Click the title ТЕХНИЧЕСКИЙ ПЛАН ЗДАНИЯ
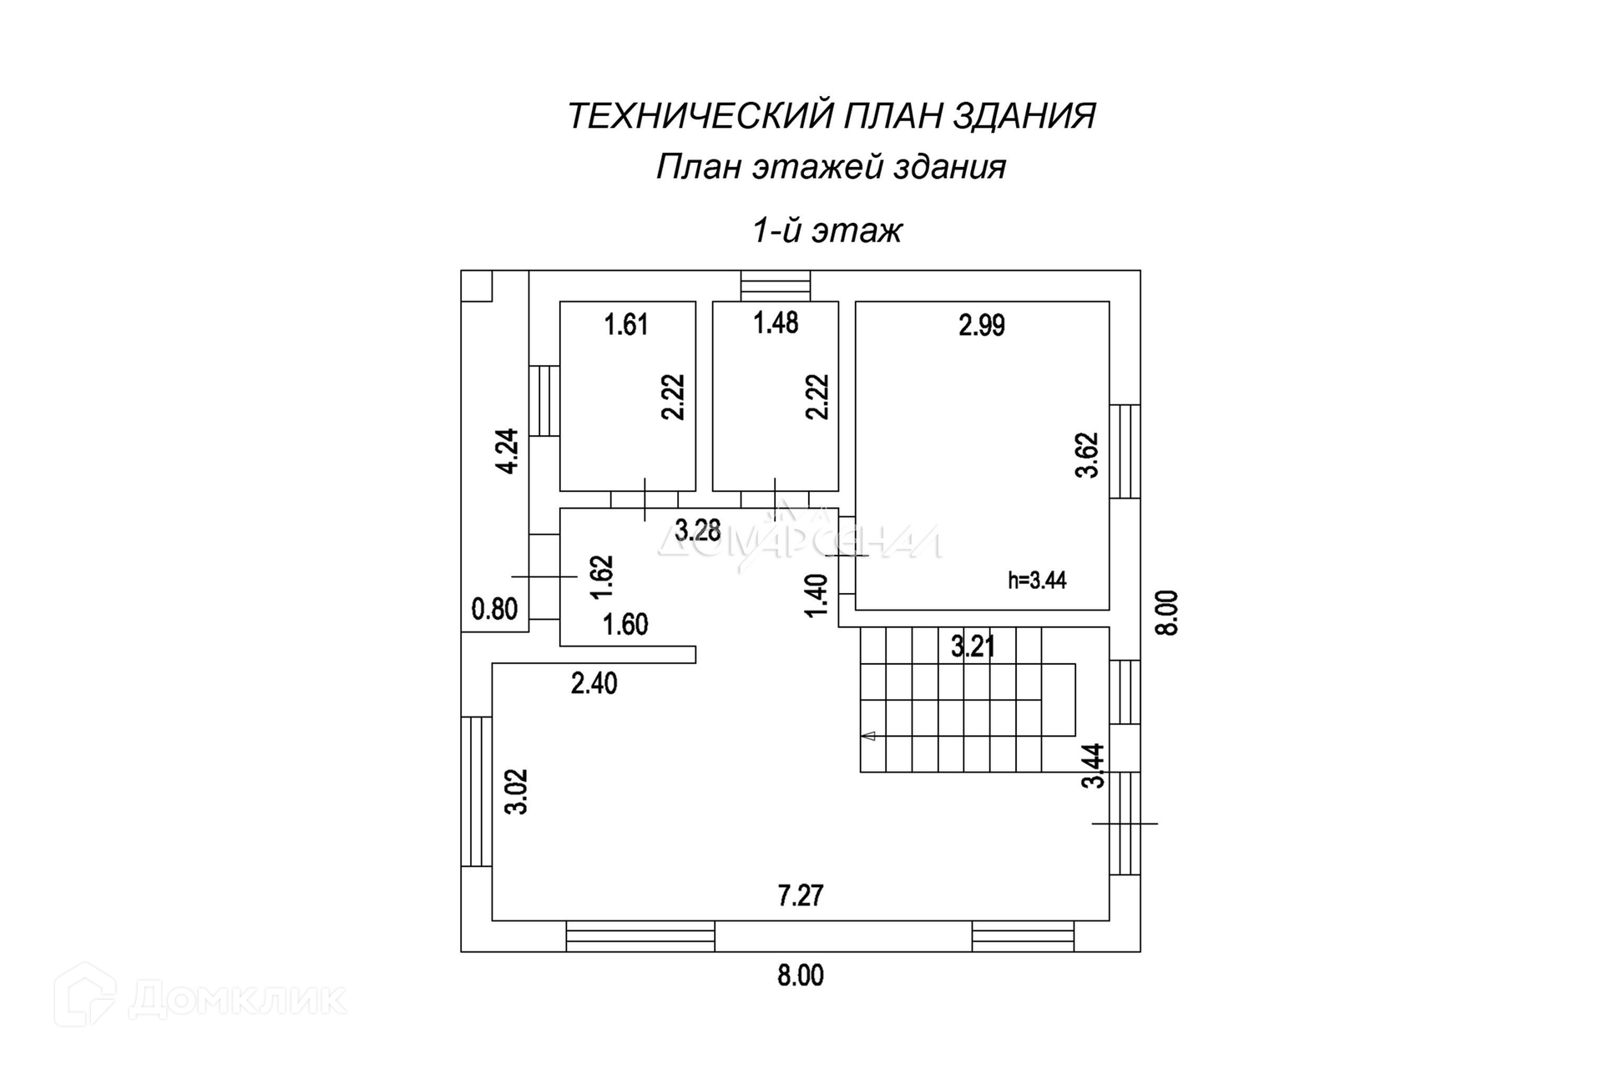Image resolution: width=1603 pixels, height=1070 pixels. (831, 116)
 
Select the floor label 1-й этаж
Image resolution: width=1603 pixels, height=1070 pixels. (827, 231)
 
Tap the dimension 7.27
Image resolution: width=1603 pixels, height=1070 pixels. (800, 896)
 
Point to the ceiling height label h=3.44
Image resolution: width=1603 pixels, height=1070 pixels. (1037, 580)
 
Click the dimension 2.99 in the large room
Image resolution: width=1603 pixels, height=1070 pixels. (981, 325)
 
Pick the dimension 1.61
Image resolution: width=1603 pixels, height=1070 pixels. (626, 324)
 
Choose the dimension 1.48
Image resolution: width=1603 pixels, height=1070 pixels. (776, 322)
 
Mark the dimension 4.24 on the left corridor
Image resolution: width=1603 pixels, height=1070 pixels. (508, 451)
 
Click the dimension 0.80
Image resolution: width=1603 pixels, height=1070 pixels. (494, 609)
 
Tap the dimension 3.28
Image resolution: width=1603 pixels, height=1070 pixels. (697, 530)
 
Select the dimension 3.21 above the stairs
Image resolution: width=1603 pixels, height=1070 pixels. (973, 646)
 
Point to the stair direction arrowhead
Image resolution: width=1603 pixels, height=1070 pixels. (868, 736)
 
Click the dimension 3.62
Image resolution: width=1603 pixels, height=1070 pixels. (1087, 454)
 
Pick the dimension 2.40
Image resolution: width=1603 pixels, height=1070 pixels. (594, 683)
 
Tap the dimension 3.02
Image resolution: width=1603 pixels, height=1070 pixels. (517, 791)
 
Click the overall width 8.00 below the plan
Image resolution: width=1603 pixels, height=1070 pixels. (800, 976)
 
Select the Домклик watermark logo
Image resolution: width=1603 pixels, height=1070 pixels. (200, 997)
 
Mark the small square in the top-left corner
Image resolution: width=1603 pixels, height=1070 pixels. (477, 286)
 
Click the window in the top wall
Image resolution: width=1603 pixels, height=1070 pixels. (776, 285)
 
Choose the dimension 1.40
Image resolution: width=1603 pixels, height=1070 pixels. (817, 596)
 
